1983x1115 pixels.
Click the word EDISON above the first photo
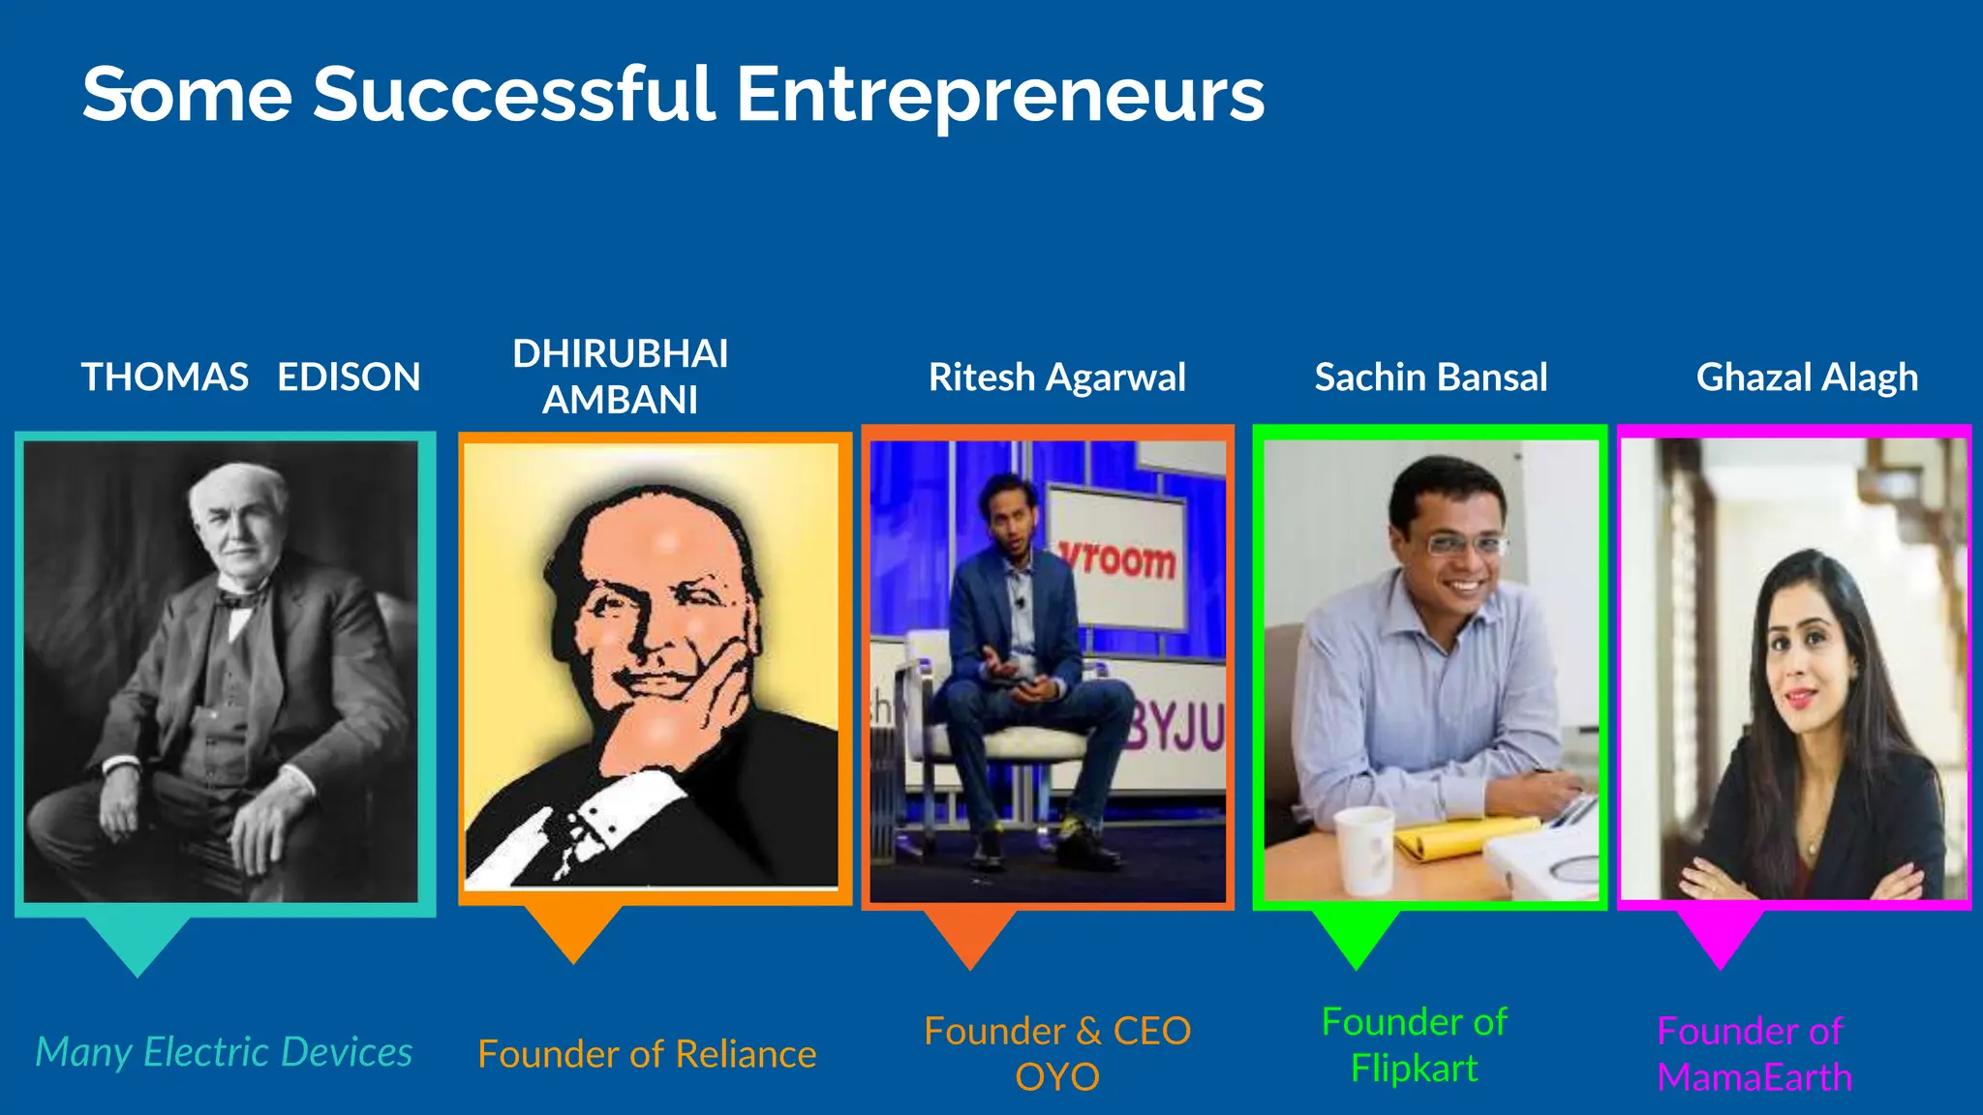[349, 377]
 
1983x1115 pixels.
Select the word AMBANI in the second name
[620, 400]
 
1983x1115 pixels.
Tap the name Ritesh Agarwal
[1056, 377]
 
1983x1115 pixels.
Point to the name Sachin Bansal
[1430, 377]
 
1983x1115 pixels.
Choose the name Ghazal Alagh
[1807, 377]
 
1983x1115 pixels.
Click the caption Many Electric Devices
[224, 1053]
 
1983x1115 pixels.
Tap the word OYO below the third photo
[1056, 1077]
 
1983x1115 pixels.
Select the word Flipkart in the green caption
[1414, 1069]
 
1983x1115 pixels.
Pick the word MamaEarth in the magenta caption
[1754, 1078]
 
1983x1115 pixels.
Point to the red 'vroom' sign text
[1118, 559]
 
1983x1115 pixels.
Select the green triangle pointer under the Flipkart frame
[1356, 936]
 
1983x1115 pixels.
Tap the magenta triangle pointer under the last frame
[1720, 936]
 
